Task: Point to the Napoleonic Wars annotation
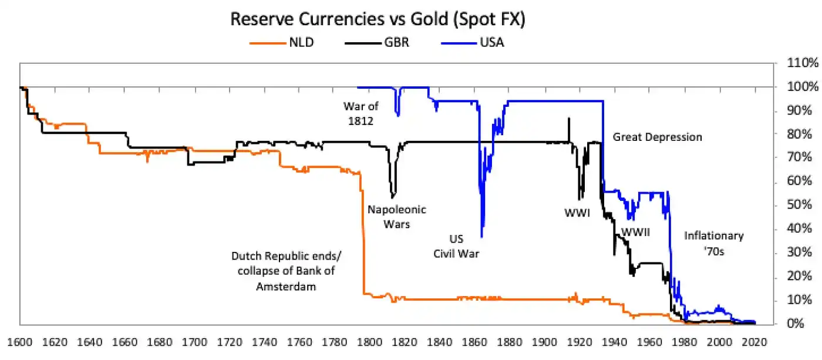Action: (x=396, y=217)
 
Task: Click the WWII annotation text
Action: (x=635, y=231)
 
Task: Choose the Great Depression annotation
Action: (x=657, y=137)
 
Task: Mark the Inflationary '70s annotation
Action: (x=714, y=243)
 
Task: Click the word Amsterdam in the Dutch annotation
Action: (x=282, y=286)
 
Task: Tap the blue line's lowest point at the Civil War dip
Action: (x=481, y=237)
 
